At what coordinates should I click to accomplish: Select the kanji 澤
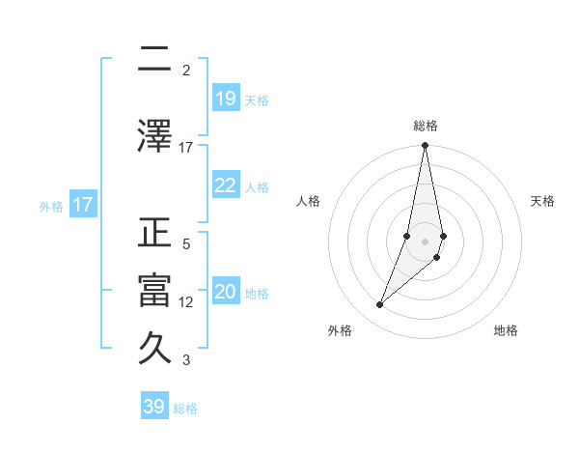tap(154, 134)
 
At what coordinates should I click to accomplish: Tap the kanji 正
tap(154, 235)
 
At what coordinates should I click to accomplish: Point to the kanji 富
tap(154, 292)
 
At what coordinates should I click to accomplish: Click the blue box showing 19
tap(226, 99)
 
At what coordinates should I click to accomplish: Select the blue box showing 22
tap(226, 185)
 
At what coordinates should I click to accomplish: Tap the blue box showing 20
tap(226, 292)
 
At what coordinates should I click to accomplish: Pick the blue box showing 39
tap(154, 407)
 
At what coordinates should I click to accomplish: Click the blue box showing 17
tap(82, 205)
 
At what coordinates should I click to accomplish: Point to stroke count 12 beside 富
tap(186, 302)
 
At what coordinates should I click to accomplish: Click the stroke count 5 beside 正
tap(186, 244)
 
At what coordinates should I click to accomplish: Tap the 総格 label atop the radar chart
tap(426, 126)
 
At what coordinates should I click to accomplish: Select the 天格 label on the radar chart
tap(542, 201)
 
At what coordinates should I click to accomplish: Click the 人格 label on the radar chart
tap(309, 201)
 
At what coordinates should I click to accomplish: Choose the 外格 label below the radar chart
tap(340, 330)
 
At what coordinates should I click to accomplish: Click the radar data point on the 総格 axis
tap(425, 146)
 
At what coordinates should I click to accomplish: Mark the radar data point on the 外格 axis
tap(380, 305)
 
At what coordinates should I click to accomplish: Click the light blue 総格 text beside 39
tap(185, 409)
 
